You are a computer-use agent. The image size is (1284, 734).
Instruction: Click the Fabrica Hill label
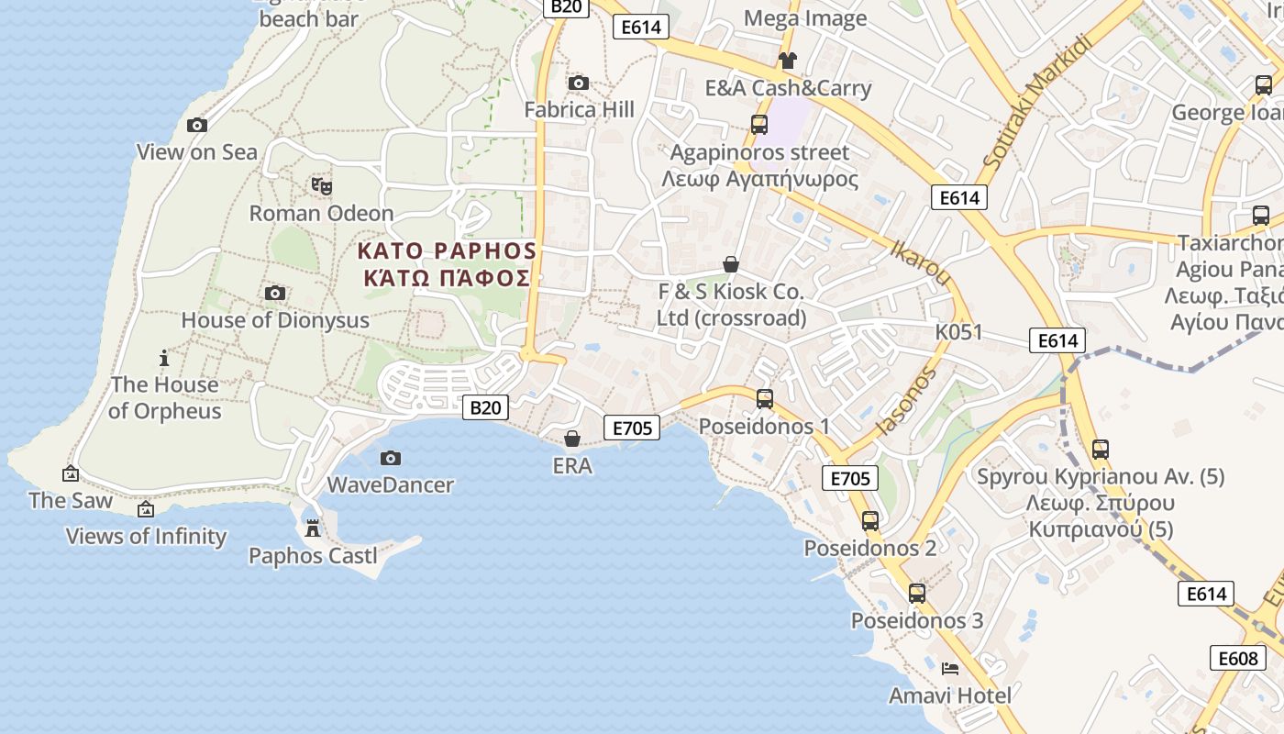coord(579,110)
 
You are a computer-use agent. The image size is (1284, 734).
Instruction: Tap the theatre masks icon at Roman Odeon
coord(322,186)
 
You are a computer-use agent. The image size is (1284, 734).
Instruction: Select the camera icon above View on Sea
coord(197,126)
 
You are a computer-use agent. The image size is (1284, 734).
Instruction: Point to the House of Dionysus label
coord(275,320)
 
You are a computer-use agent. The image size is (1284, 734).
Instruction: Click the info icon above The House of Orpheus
coord(164,358)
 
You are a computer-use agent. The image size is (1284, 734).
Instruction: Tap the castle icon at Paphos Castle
coord(313,529)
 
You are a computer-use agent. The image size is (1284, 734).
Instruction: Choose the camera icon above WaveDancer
coord(391,458)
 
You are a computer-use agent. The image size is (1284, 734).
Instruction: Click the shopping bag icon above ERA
coord(572,439)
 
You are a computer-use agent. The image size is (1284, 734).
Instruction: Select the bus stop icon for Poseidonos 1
coord(765,399)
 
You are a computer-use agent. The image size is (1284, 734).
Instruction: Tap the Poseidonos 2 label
coord(870,548)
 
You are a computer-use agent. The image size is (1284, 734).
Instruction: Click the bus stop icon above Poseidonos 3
coord(917,594)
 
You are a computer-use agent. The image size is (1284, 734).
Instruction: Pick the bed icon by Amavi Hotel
coord(950,669)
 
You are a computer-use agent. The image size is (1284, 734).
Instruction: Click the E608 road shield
coord(1237,658)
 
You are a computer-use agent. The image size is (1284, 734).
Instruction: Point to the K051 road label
coord(958,332)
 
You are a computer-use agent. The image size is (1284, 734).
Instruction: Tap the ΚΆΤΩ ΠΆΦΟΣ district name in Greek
coord(447,278)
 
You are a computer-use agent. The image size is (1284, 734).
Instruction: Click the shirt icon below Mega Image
coord(787,61)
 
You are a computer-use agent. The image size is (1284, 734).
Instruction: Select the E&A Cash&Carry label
coord(788,88)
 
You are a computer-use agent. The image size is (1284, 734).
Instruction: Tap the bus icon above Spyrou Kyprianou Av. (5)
coord(1101,450)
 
